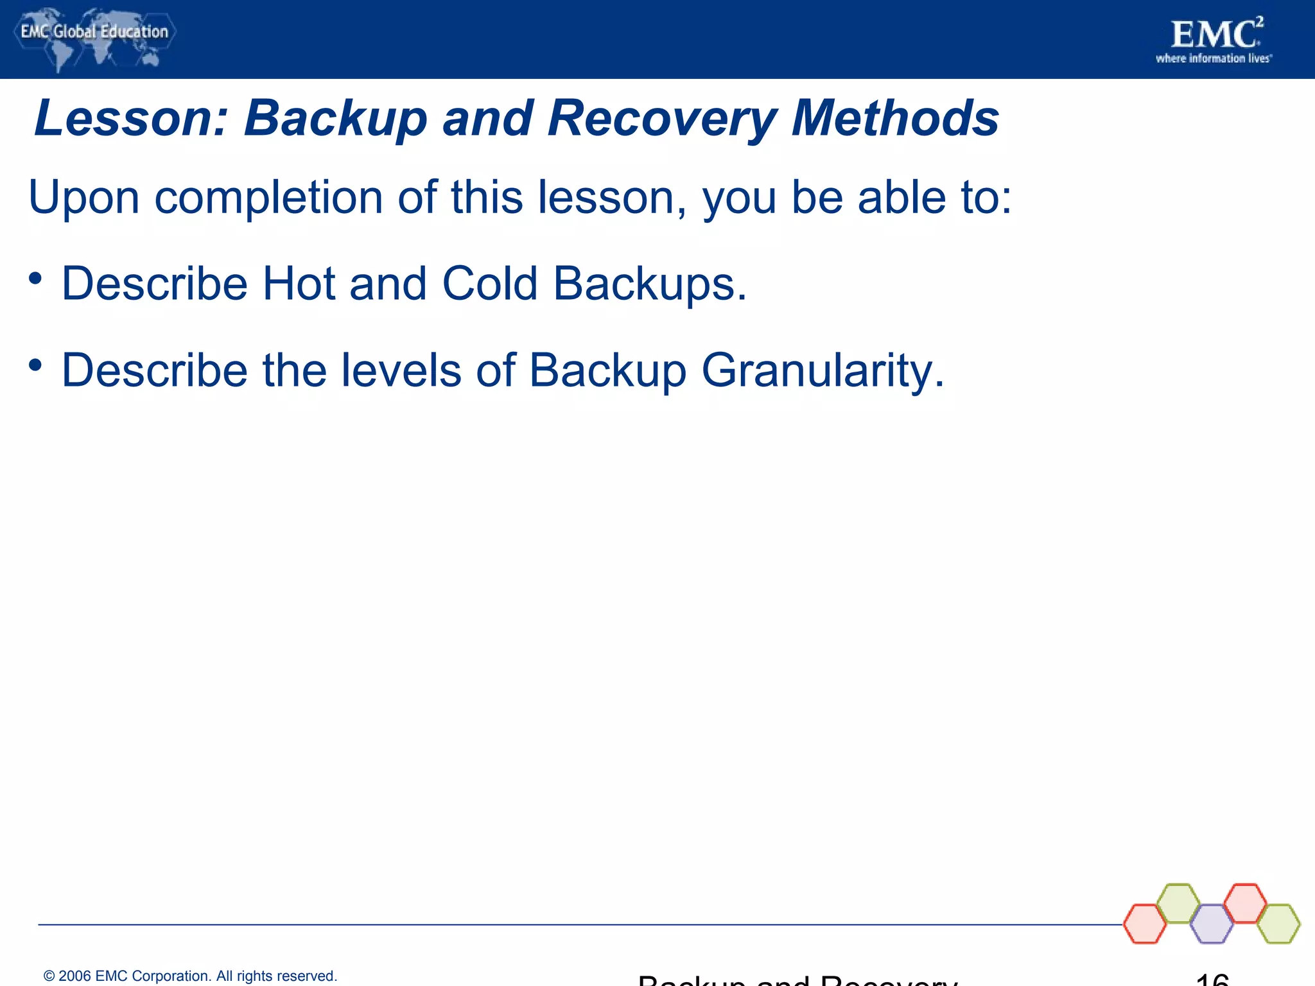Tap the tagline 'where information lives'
tap(1213, 59)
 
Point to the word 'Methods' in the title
tap(895, 119)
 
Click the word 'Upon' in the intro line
tap(83, 198)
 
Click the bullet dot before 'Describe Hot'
tap(35, 279)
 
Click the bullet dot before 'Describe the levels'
tap(35, 365)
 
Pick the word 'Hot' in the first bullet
tap(299, 284)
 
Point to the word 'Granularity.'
tap(823, 372)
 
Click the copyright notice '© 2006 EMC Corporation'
tap(190, 976)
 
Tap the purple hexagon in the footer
tap(1211, 924)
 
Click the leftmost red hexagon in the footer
tap(1145, 924)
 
